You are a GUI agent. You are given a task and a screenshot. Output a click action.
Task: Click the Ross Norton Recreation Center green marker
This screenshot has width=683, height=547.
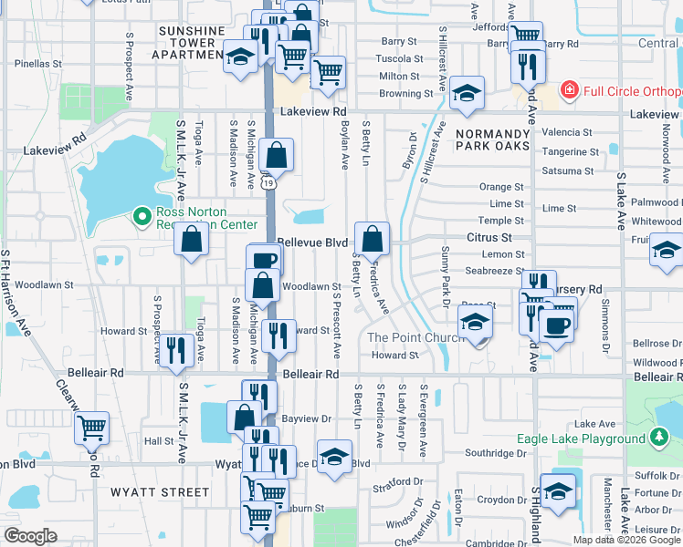coord(142,216)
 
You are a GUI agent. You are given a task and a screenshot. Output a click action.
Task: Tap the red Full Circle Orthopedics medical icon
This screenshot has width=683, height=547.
coord(569,90)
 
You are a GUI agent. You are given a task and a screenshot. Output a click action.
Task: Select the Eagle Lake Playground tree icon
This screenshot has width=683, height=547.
coord(658,439)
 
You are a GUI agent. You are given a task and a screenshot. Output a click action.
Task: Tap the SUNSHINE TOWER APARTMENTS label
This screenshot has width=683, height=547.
coord(191,43)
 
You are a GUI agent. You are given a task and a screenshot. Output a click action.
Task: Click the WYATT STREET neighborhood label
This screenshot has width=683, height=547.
coord(160,491)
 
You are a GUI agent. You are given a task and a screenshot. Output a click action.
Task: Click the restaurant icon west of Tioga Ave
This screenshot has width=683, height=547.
coord(177,347)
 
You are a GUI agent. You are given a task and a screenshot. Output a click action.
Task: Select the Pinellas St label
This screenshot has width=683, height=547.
coord(38,65)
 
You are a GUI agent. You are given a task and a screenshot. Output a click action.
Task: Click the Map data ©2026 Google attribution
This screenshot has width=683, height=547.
coord(625,540)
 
